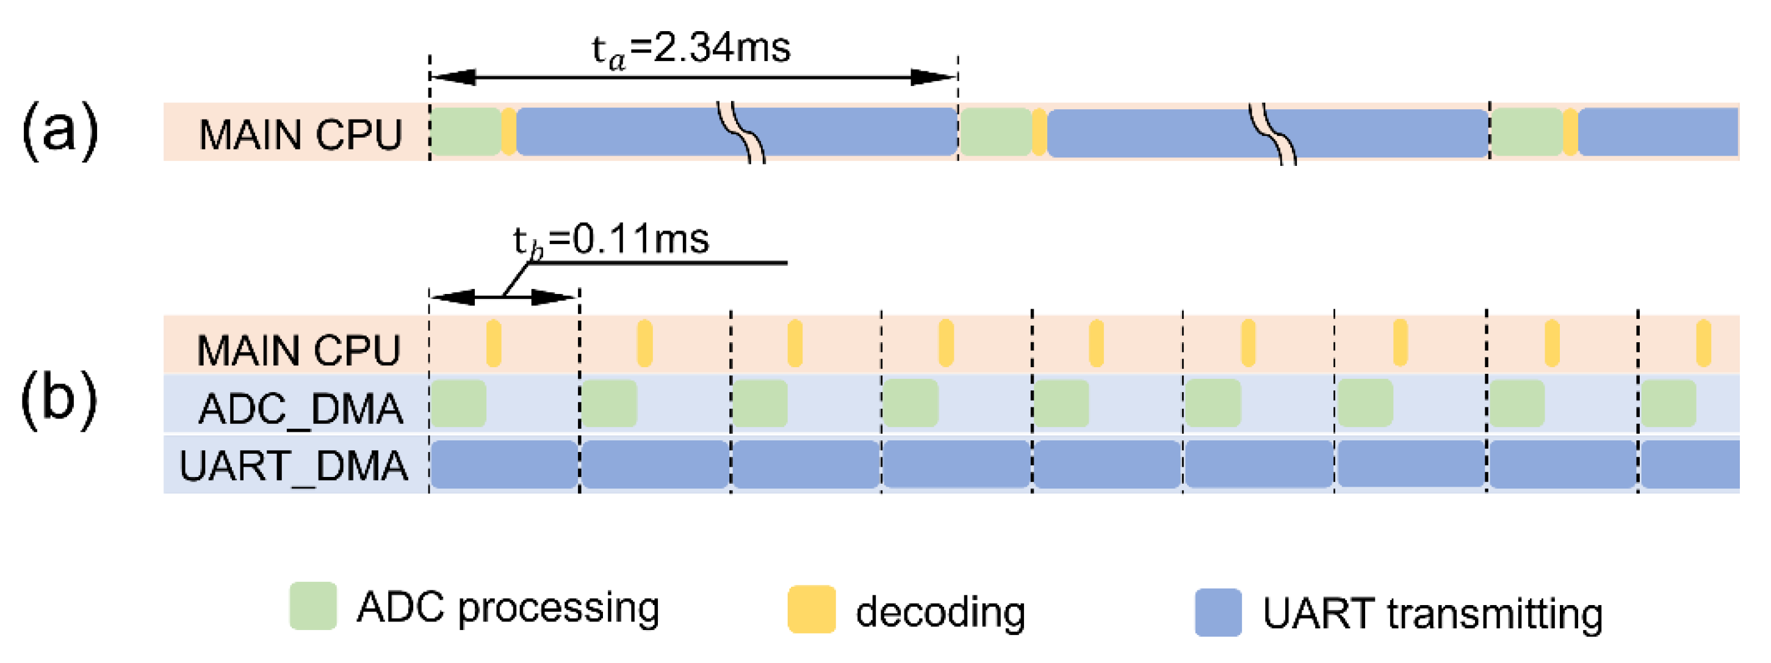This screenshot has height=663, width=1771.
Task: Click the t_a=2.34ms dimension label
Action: (691, 49)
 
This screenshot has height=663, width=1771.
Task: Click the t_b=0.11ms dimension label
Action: (610, 240)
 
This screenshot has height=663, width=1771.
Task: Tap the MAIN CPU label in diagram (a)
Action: (300, 135)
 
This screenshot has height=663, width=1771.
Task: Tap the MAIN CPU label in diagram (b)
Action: (298, 350)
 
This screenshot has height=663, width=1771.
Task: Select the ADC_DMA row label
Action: (300, 409)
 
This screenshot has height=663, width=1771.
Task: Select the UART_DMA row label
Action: (294, 467)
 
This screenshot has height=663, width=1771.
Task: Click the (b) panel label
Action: (59, 400)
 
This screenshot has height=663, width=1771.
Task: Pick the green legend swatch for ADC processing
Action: (313, 606)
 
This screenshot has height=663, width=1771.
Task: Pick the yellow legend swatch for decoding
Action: (811, 609)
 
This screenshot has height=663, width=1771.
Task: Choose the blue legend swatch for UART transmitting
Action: (1217, 612)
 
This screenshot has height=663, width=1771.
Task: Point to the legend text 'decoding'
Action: (940, 612)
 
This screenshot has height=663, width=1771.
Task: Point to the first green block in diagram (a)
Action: (466, 131)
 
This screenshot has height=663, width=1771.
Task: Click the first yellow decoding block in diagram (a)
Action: (509, 131)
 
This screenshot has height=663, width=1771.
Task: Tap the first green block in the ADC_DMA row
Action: (458, 404)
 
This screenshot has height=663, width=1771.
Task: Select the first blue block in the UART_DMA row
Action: (504, 464)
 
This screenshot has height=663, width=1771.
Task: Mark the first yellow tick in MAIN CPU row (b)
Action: (494, 343)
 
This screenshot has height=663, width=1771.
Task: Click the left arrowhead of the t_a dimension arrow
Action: (454, 77)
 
